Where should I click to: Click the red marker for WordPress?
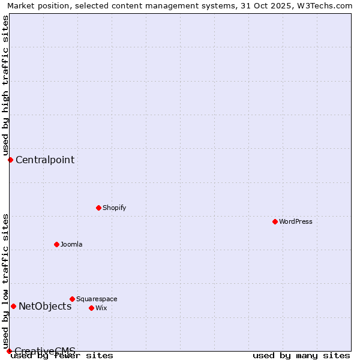[x=275, y=221]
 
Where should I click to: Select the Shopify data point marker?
[x=98, y=208]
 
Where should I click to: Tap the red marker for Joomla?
[x=56, y=244]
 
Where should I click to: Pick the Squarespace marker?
[x=72, y=299]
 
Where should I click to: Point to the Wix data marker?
[x=91, y=308]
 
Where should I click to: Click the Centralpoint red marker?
[x=10, y=160]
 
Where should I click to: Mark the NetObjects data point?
[x=13, y=306]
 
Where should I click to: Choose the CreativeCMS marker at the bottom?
[x=9, y=351]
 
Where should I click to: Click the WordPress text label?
[x=296, y=221]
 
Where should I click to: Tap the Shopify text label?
[x=114, y=208]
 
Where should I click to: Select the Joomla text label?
[x=71, y=244]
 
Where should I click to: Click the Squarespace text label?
[x=97, y=299]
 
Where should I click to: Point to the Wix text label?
[x=101, y=308]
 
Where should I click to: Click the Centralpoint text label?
[x=45, y=160]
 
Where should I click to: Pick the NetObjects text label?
[x=45, y=306]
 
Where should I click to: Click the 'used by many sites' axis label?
[x=301, y=355]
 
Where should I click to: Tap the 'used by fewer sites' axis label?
[x=62, y=355]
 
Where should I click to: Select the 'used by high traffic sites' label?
[x=5, y=85]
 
